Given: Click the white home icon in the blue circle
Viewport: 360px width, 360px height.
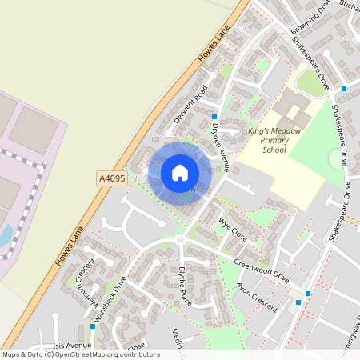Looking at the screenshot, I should click(x=180, y=172).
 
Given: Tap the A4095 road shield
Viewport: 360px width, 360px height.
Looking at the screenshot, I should click(x=111, y=177).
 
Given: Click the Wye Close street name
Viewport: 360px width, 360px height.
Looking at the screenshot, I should click(x=232, y=227).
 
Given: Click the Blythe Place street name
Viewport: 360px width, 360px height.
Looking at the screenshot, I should click(x=185, y=284).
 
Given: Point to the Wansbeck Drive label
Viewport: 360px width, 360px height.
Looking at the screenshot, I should click(x=110, y=301).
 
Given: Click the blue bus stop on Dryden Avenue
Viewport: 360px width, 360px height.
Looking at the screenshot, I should click(x=214, y=117).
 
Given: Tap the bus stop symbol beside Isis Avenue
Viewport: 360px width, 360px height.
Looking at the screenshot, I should click(x=93, y=326).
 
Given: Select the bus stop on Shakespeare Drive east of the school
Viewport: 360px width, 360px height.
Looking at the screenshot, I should click(x=344, y=88).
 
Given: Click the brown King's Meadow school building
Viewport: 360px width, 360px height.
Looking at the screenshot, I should click(x=290, y=106).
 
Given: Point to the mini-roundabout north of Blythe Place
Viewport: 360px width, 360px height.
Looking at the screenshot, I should click(x=182, y=239).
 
